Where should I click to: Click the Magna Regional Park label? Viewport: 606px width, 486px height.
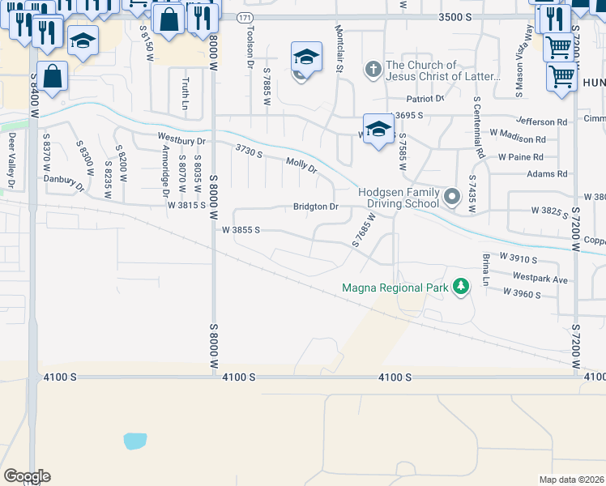point(395,287)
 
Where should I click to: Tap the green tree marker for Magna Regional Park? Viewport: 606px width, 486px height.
point(461,286)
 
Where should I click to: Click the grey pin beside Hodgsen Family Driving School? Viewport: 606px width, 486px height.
point(452,196)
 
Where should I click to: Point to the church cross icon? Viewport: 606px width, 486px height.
point(373,70)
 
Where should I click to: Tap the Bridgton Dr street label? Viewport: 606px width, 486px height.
point(316,207)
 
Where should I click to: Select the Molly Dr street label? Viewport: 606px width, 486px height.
point(301,164)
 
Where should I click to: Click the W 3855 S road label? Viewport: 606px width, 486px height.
point(241,230)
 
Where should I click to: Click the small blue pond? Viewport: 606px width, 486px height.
point(135,441)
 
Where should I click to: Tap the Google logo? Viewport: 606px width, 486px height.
point(27,476)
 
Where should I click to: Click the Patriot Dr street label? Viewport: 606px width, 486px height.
point(428,99)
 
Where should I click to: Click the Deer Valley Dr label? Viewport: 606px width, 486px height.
point(11,162)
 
